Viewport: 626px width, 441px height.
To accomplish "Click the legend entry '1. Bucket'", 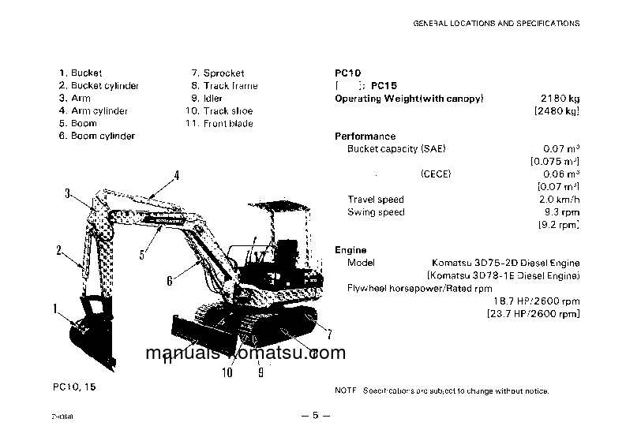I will coord(81,73).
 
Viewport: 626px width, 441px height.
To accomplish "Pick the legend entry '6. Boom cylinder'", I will coord(96,136).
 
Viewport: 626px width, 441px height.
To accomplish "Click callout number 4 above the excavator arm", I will coord(177,175).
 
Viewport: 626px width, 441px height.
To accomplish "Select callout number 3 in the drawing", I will coord(68,193).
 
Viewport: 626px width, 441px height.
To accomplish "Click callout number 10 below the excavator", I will coord(227,373).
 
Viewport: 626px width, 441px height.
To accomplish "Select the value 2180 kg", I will coord(560,99).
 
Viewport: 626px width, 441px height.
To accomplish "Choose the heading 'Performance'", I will coord(365,136).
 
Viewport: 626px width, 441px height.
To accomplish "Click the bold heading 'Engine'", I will coord(350,250).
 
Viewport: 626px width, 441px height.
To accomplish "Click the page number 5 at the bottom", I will coord(313,416).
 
